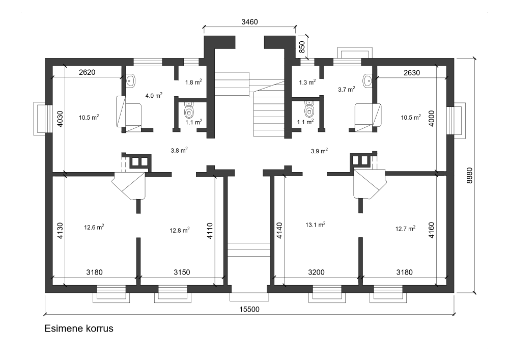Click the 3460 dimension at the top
[x=249, y=22]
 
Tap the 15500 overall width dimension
[x=249, y=309]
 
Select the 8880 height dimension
[x=469, y=176]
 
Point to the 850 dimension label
[x=302, y=47]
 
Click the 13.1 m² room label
[x=316, y=225]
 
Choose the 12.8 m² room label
[x=180, y=230]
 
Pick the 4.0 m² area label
[x=154, y=95]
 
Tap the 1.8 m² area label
[x=193, y=82]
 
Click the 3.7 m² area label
[x=346, y=89]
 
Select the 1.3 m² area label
[x=307, y=82]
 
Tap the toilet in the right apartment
[x=310, y=109]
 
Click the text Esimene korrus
[x=79, y=328]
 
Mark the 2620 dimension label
[x=87, y=72]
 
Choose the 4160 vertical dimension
[x=432, y=230]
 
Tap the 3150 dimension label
[x=182, y=272]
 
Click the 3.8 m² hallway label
[x=179, y=150]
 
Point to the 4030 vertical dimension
[x=60, y=119]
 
